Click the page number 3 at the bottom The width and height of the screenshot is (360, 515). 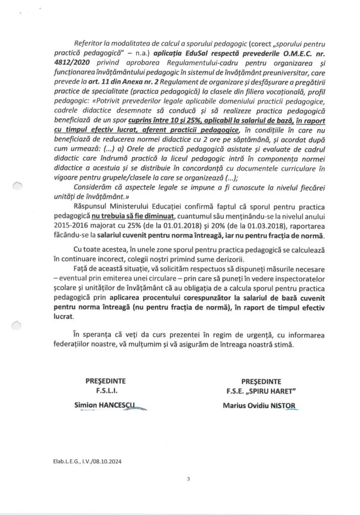pyautogui.click(x=187, y=479)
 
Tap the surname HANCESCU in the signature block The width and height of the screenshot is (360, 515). pyautogui.click(x=120, y=404)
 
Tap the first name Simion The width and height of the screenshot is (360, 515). pyautogui.click(x=87, y=404)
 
